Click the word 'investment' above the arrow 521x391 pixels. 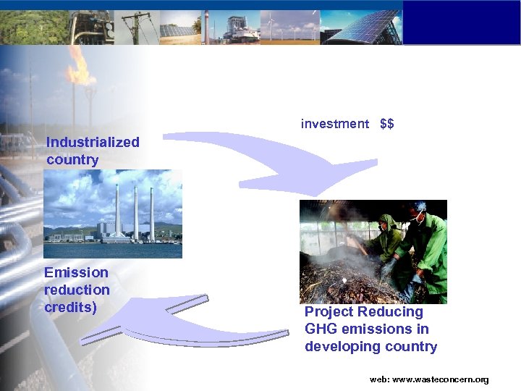[x=334, y=124]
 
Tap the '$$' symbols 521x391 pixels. [x=387, y=124]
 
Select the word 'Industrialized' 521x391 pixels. [x=93, y=142]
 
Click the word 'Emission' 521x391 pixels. [x=76, y=273]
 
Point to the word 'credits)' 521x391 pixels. [x=71, y=307]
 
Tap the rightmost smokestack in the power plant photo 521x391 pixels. [x=152, y=211]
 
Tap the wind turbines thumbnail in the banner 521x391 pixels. [x=289, y=28]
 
